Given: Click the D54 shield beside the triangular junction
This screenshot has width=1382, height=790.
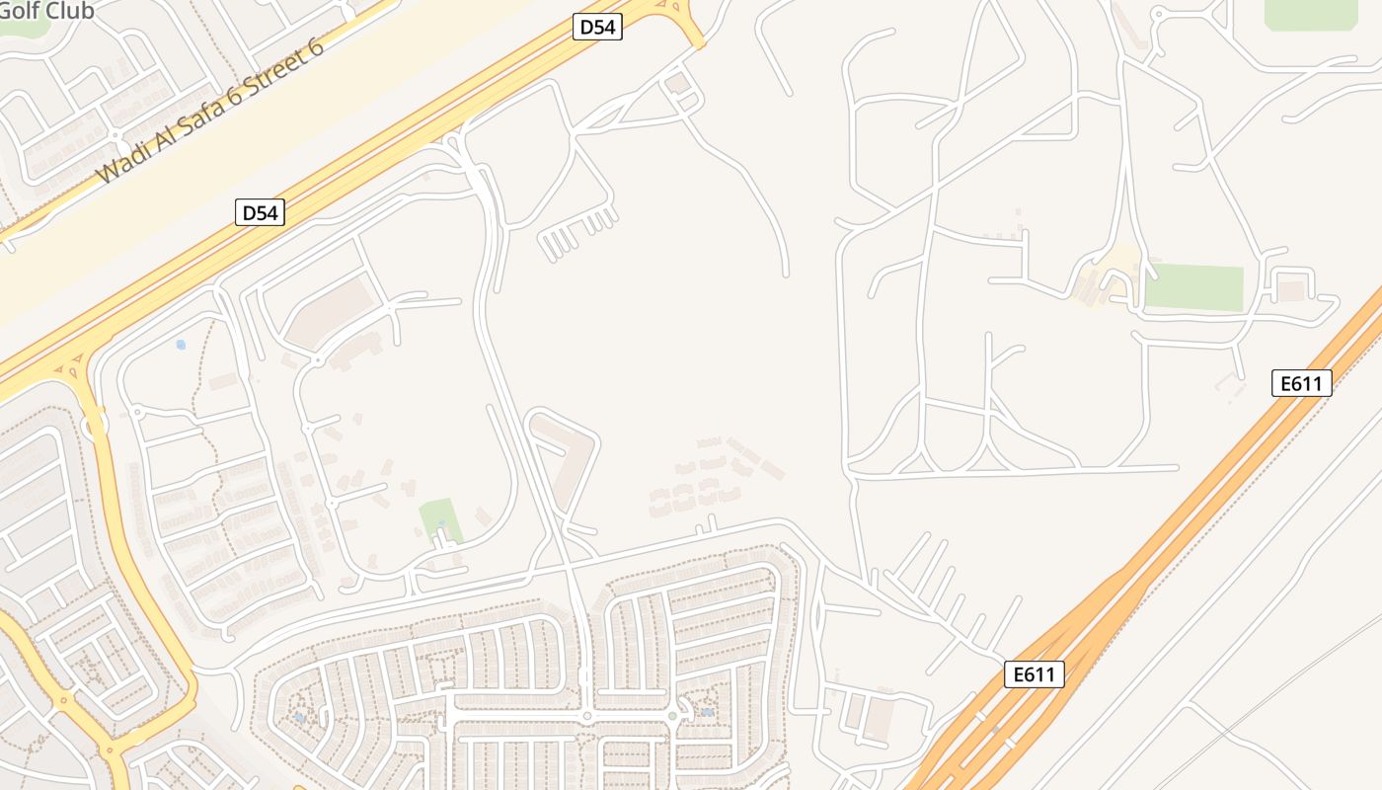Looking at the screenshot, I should [x=597, y=27].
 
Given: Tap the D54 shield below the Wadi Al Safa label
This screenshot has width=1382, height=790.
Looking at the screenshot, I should [x=260, y=211].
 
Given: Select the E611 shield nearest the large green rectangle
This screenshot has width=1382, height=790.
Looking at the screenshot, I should [x=1301, y=383].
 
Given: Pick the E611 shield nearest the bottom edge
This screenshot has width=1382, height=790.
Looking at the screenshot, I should [x=1035, y=674].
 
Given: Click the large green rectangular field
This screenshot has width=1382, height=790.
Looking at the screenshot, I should [x=1193, y=287].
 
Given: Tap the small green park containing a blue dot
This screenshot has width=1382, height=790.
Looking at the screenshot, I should [x=440, y=519].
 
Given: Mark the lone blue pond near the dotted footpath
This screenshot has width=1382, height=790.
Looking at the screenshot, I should [x=180, y=345].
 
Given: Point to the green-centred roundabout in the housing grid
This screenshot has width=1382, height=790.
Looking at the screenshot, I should [x=672, y=715].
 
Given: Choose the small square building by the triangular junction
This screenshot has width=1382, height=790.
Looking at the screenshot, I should [x=678, y=83].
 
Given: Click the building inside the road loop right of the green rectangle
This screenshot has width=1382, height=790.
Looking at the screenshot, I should [x=1291, y=290].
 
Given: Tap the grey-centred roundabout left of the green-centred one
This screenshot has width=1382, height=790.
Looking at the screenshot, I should [x=586, y=716].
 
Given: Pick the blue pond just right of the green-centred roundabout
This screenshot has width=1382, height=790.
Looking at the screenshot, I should [x=707, y=712].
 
